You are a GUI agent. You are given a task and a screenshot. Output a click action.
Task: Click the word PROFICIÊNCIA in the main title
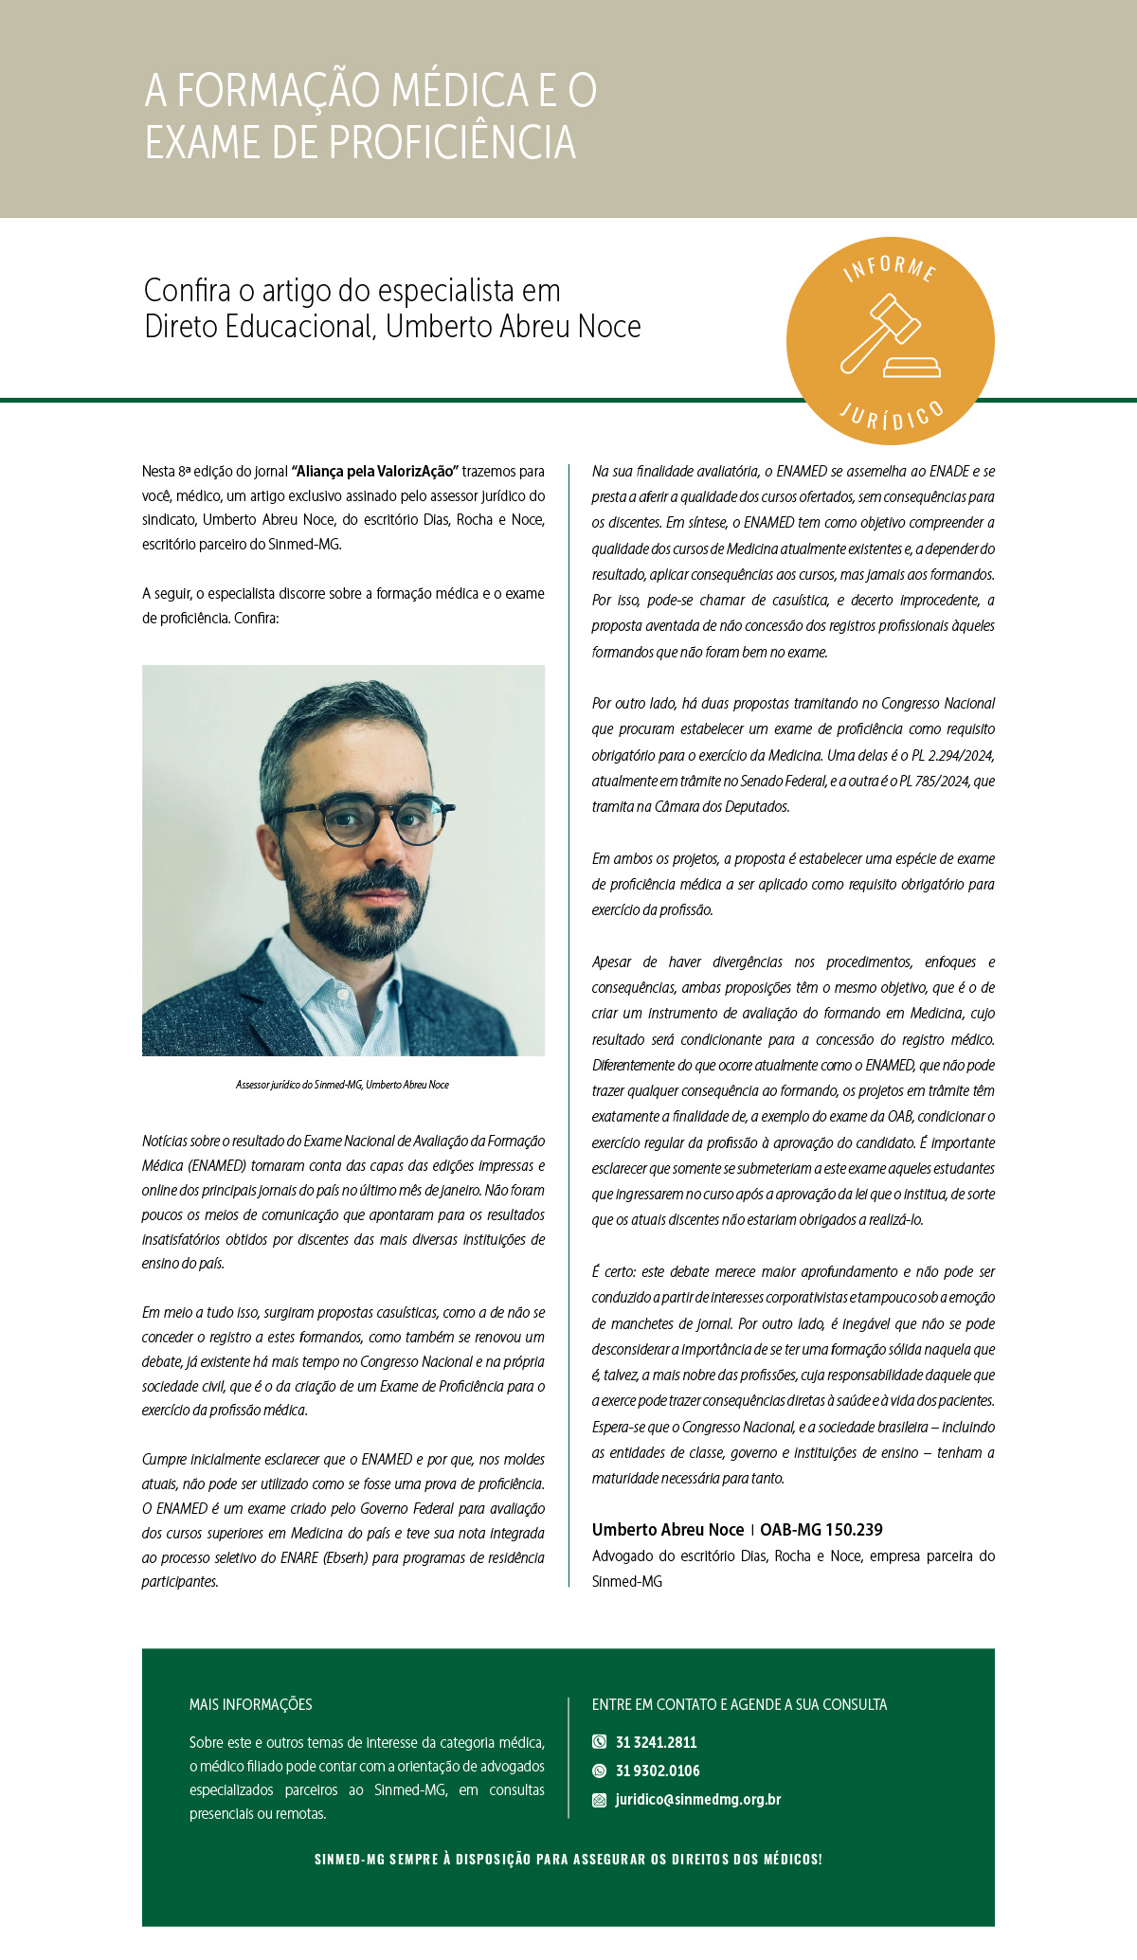point(452,143)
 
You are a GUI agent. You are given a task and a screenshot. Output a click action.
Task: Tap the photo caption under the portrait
point(342,1085)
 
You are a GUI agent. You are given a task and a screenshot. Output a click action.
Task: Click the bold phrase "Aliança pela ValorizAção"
point(375,471)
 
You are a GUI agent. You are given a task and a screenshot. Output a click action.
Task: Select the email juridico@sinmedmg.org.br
point(698,1799)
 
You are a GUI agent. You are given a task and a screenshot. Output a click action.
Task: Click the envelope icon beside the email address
point(599,1800)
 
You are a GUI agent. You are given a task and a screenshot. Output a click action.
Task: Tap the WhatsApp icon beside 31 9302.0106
point(599,1771)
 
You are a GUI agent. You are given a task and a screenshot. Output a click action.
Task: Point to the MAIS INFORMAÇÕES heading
point(250,1704)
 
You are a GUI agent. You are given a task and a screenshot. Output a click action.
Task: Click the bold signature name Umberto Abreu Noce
point(668,1529)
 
